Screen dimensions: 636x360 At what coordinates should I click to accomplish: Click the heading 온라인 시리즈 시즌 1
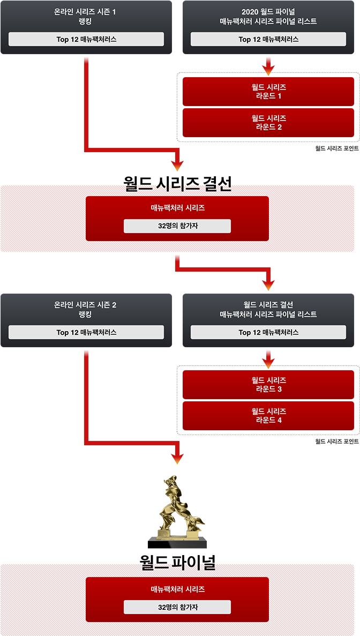(x=85, y=12)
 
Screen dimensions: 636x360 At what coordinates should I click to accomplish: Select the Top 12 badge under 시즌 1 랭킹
(x=86, y=39)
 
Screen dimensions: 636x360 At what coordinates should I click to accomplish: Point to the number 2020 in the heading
(x=251, y=12)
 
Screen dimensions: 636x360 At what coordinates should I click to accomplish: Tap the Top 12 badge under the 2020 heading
(x=268, y=39)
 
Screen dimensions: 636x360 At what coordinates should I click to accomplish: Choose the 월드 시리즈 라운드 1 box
(x=268, y=92)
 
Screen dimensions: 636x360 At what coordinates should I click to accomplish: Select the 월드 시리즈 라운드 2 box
(x=268, y=123)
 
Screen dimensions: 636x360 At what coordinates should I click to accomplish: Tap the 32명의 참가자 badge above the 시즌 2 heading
(x=177, y=226)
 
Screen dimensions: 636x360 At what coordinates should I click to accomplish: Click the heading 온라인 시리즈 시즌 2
(x=85, y=305)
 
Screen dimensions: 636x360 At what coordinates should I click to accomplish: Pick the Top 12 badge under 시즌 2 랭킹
(x=86, y=332)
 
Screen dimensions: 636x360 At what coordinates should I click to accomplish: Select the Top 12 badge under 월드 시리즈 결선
(x=268, y=332)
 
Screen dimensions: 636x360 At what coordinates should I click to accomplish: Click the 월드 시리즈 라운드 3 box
(x=268, y=385)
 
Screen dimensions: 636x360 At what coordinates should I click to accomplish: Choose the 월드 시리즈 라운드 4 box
(x=268, y=416)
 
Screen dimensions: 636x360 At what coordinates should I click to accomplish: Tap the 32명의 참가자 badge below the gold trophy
(x=177, y=607)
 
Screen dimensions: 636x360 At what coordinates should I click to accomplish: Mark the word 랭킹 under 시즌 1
(x=85, y=22)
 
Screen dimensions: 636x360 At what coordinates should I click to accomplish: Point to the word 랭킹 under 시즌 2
(x=85, y=315)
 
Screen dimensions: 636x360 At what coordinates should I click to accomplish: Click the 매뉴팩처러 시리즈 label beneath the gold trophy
(x=177, y=589)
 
